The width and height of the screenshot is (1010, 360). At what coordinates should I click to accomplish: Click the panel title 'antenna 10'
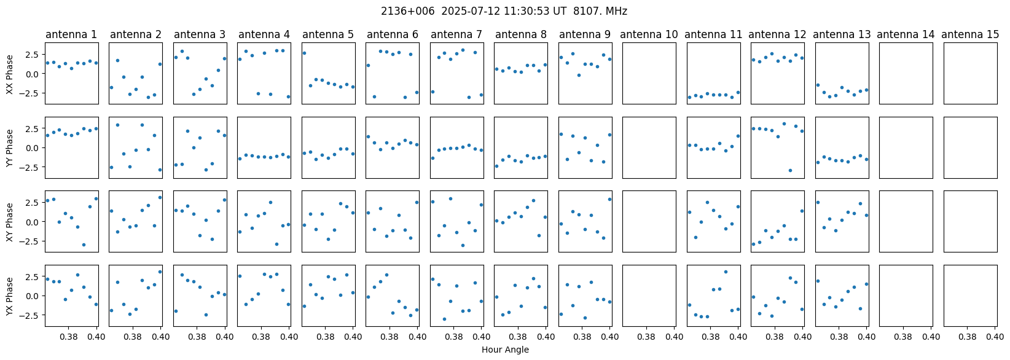(x=649, y=34)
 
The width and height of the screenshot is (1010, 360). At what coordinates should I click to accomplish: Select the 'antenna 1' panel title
(x=71, y=34)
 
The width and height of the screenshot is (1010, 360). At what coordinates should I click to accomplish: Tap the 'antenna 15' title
(x=970, y=34)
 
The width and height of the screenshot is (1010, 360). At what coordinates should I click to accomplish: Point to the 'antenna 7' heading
(x=456, y=34)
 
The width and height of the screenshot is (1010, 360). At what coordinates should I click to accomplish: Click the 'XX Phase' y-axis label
(x=9, y=74)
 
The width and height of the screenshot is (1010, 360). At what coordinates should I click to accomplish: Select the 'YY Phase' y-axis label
(x=9, y=147)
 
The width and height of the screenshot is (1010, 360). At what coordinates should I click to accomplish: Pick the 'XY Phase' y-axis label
(x=9, y=221)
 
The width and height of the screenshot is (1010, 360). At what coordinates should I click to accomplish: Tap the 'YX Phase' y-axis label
(x=9, y=295)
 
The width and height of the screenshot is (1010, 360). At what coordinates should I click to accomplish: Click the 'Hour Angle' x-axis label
(x=505, y=350)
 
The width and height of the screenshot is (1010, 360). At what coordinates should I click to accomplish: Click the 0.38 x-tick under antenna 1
(x=68, y=337)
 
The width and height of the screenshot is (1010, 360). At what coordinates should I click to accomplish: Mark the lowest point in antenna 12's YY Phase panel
(x=790, y=170)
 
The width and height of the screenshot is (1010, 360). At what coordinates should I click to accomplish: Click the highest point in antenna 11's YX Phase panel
(x=726, y=272)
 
